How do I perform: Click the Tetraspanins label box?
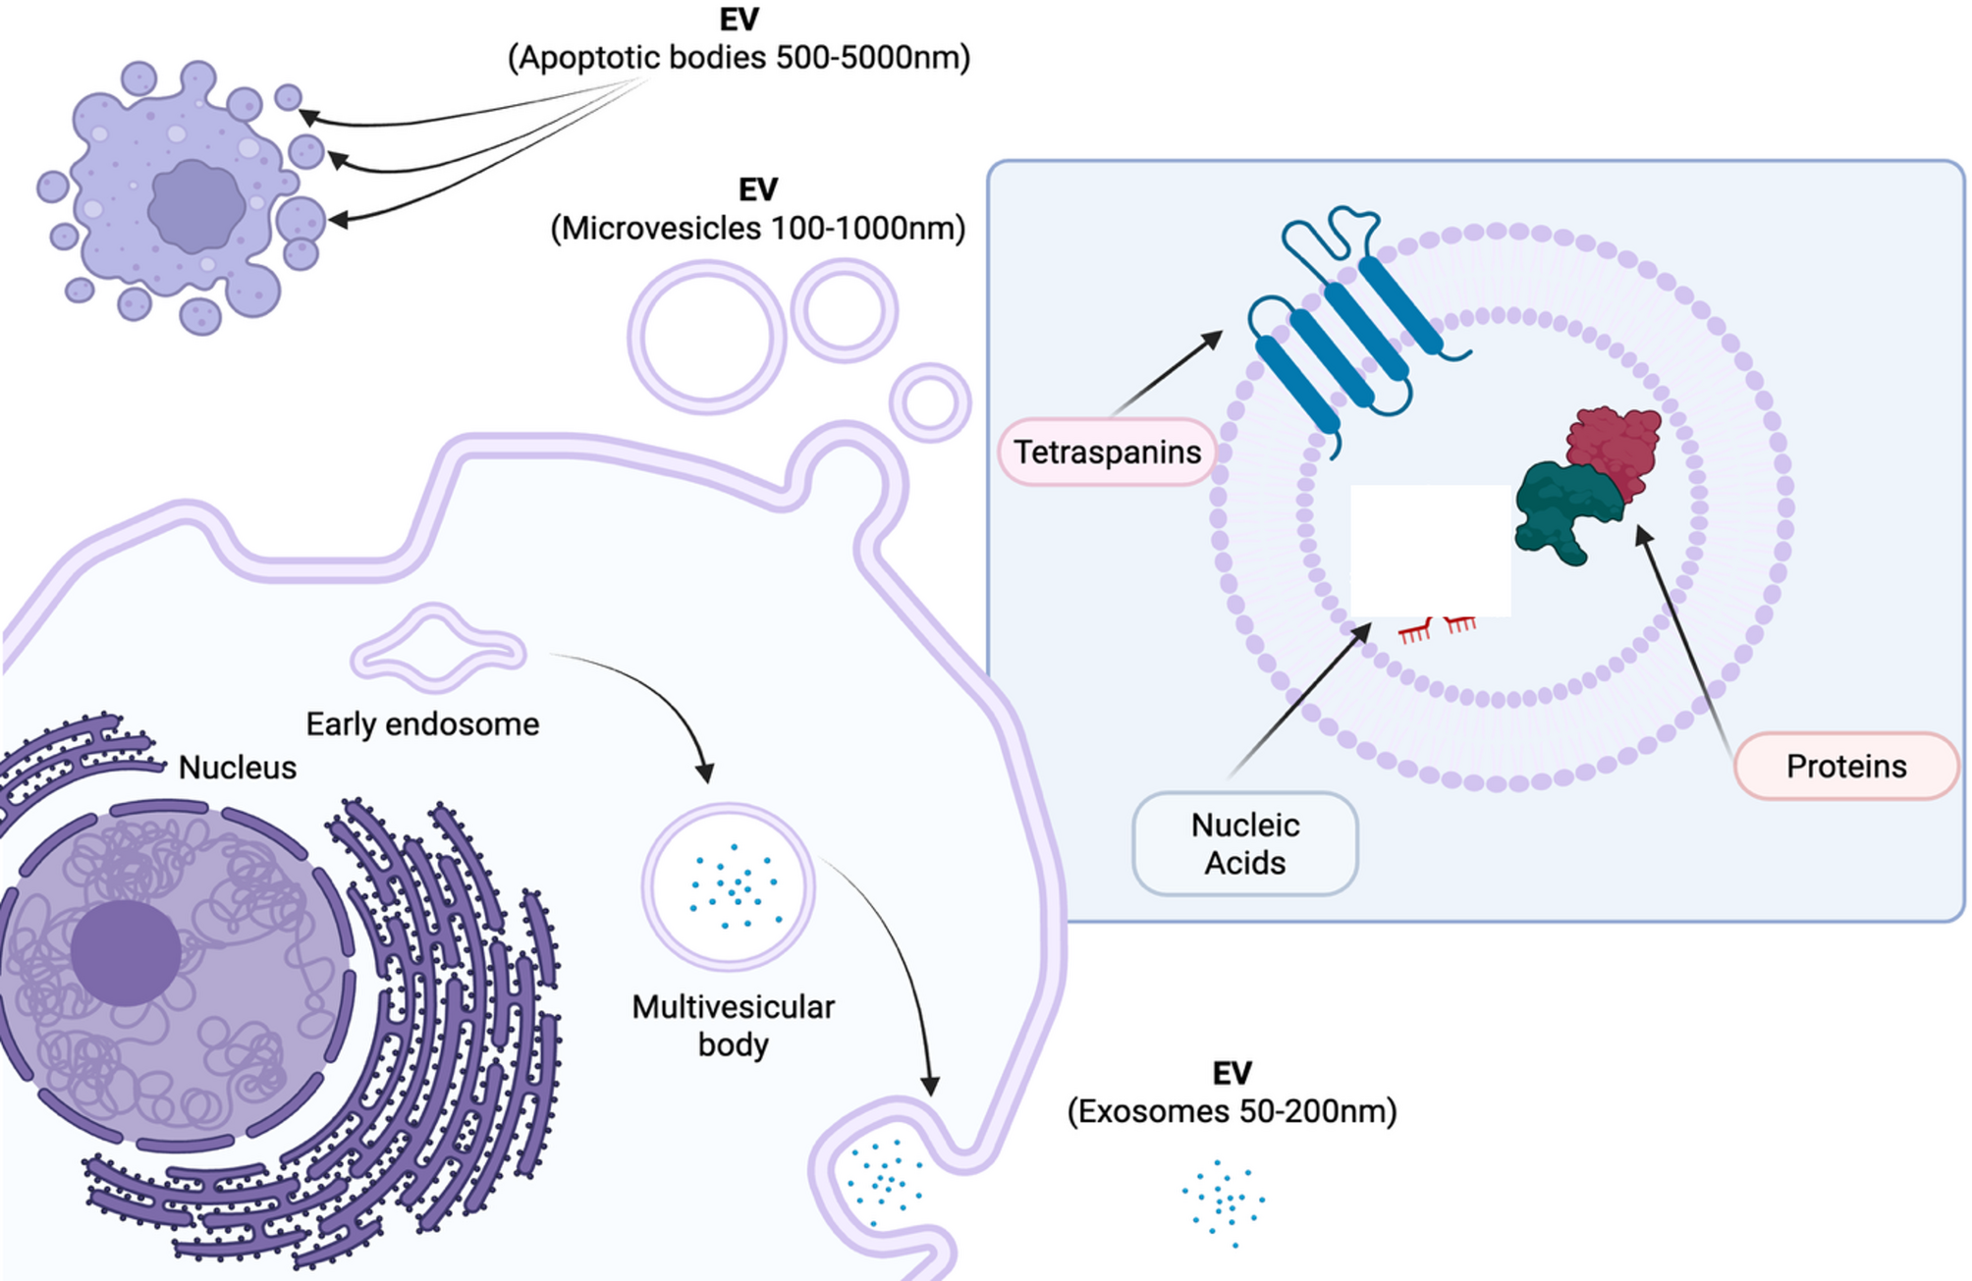1107,452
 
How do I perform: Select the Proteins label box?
1845,766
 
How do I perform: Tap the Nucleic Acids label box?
1244,843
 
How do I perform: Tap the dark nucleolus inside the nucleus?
126,952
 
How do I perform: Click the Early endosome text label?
422,724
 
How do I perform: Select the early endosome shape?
438,650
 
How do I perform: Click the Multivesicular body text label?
733,1025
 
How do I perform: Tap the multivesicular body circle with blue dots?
729,885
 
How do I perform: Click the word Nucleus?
237,768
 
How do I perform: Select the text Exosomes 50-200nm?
1232,1111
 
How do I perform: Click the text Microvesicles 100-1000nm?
757,229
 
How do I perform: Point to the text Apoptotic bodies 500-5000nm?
739,58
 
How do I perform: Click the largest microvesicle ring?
706,337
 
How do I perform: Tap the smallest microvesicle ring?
930,402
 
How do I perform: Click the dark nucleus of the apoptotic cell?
195,207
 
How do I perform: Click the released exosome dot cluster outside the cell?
1223,1201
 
